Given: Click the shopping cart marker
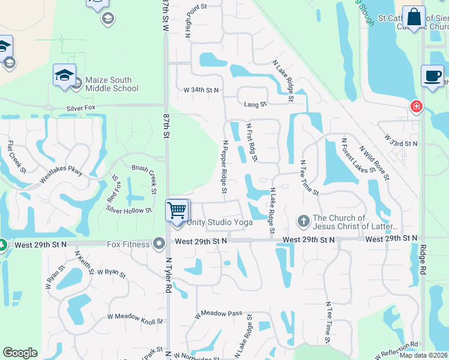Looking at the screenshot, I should point(178,210).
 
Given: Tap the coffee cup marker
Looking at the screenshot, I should point(432,76).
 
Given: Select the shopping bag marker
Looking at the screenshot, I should point(414,17).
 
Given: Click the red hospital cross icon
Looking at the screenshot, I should point(415,107).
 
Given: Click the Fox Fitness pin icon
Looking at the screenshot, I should point(159,243).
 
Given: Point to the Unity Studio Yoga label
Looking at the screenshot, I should point(220,222).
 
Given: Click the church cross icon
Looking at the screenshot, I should point(303,222).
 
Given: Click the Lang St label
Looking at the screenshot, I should point(255,104).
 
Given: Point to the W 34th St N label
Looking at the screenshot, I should point(202,90).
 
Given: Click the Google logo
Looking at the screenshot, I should point(20,353).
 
